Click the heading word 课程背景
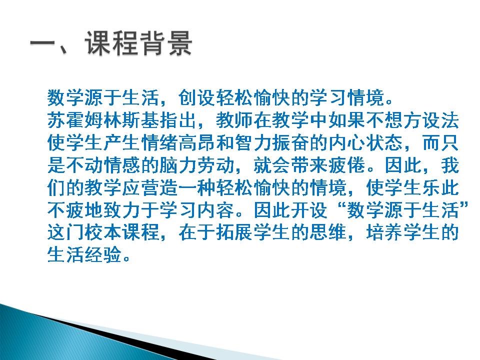click(x=138, y=44)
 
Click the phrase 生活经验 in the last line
click(x=84, y=254)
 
